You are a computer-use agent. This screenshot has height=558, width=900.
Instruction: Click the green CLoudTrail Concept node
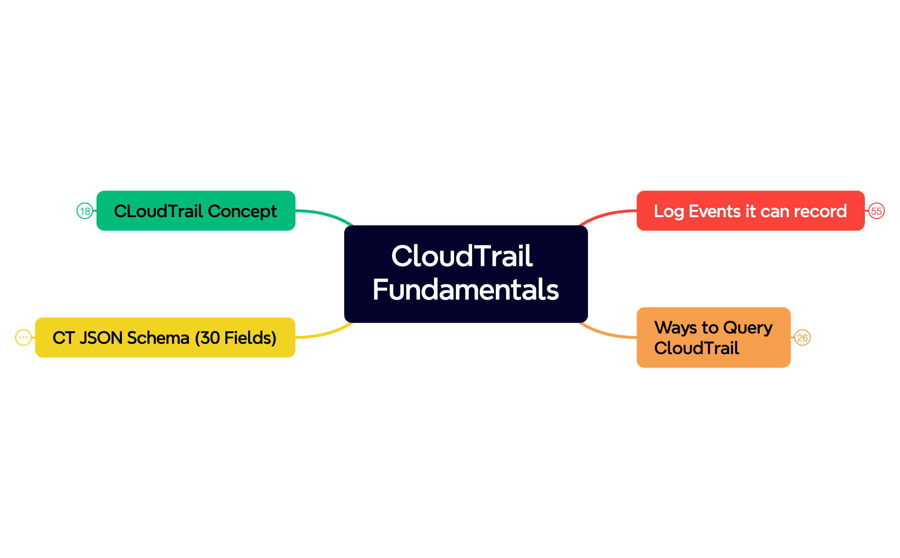(196, 211)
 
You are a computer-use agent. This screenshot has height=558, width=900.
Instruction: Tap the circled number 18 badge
(85, 211)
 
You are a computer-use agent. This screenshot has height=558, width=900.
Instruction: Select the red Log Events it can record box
(750, 211)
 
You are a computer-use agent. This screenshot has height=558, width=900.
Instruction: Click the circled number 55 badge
(876, 211)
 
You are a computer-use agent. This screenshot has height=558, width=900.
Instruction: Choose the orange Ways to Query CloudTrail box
(713, 337)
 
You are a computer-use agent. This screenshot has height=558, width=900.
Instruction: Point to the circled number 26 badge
(802, 338)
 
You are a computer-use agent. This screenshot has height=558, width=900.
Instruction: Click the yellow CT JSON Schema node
(165, 337)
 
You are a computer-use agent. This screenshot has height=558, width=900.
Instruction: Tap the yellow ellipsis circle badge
(23, 337)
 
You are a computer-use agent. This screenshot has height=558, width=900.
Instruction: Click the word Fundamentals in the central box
(466, 290)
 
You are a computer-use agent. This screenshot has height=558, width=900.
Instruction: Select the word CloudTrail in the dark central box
(462, 256)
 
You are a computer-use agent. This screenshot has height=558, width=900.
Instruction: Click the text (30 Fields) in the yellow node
(235, 338)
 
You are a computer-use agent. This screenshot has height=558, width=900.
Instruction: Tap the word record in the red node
(820, 211)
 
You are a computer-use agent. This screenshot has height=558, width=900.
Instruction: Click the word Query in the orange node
(747, 328)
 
